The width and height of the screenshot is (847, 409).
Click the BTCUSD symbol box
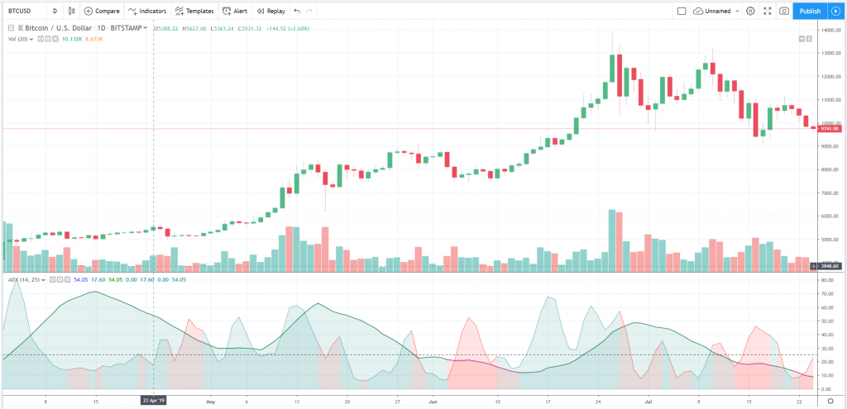coord(22,12)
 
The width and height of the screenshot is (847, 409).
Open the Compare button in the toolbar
coord(102,12)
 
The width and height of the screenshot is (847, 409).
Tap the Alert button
coord(235,12)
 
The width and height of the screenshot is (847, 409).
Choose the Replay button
coord(271,12)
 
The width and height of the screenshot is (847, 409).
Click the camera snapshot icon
coord(783,12)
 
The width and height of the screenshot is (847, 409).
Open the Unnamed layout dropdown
coord(715,12)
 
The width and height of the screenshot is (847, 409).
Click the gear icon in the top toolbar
coord(750,12)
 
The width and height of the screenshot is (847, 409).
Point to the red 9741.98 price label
coord(830,128)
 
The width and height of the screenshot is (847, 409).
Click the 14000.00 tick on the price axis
coord(830,31)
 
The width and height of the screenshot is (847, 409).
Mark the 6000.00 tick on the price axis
coord(830,216)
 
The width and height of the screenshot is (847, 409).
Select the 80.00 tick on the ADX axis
coord(828,281)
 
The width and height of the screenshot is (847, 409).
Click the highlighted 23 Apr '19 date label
coord(155,400)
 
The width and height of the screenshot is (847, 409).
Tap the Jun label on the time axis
coord(433,400)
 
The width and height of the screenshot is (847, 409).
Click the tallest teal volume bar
coord(612,240)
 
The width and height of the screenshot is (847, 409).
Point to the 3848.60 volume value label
coord(830,265)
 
